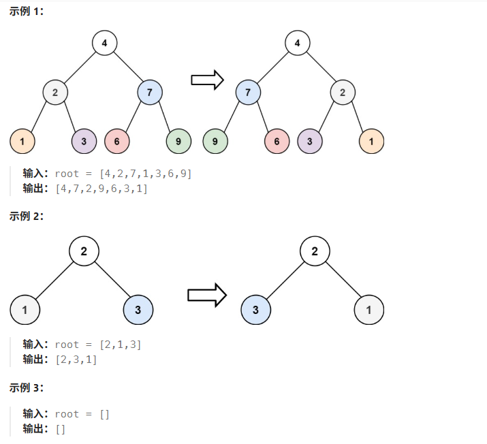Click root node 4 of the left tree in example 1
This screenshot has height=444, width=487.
(104, 44)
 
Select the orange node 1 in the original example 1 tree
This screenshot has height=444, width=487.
(22, 141)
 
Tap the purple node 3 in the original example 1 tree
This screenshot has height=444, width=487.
(84, 141)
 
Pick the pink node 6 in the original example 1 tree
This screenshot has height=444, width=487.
(117, 141)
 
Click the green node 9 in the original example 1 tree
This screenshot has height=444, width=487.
(178, 141)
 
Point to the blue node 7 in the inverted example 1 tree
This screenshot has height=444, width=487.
(249, 92)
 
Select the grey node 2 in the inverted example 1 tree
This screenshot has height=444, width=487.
(343, 92)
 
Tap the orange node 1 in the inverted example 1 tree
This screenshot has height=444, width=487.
(371, 141)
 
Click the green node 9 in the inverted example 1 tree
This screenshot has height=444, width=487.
(215, 141)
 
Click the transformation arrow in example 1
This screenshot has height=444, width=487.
(207, 80)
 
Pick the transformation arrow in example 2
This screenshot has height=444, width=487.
(206, 295)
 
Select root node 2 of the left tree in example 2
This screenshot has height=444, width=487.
(84, 251)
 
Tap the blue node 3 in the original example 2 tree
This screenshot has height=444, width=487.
(138, 311)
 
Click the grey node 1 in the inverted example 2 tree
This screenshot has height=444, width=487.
(369, 311)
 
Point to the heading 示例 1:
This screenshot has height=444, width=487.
(27, 12)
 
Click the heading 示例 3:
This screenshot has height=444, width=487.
(27, 387)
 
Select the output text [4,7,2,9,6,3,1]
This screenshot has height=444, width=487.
(101, 189)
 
